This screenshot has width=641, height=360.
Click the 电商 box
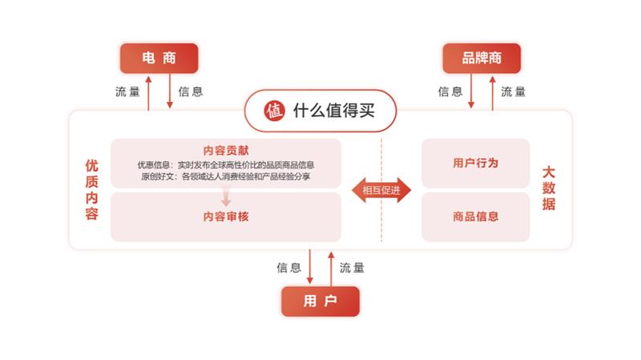(x=159, y=59)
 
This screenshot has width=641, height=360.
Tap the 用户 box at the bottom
(x=320, y=301)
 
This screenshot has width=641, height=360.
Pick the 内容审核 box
(x=226, y=216)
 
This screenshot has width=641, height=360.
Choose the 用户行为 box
(x=475, y=163)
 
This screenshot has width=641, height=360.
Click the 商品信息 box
(x=475, y=216)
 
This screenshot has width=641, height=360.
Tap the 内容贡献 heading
(x=226, y=150)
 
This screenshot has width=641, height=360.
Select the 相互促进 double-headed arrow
(x=381, y=190)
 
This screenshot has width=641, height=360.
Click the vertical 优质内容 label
(x=91, y=190)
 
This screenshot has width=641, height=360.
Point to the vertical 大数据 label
(x=548, y=190)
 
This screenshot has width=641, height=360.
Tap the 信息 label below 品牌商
(x=450, y=91)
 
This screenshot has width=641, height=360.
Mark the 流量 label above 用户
(x=352, y=267)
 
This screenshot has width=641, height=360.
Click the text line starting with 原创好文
(x=226, y=176)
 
